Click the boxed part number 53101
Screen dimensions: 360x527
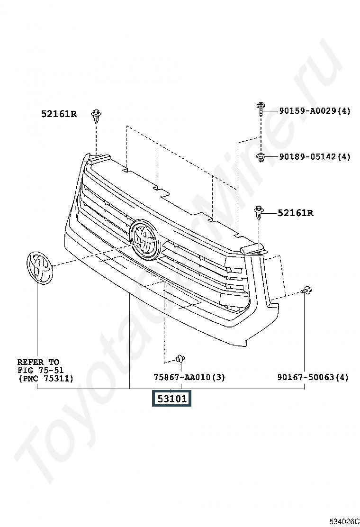click(171, 398)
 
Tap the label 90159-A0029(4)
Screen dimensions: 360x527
click(315, 110)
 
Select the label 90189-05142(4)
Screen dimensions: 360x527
click(315, 156)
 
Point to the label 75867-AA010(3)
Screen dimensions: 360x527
click(189, 377)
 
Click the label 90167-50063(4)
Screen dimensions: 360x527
click(313, 377)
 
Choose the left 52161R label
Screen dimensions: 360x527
click(59, 114)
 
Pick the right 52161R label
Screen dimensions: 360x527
click(296, 213)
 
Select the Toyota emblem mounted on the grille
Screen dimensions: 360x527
click(144, 239)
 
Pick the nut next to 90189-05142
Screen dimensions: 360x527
click(261, 156)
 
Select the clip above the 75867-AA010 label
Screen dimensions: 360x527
click(181, 358)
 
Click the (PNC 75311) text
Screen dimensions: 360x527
click(45, 378)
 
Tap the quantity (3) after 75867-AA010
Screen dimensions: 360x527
click(219, 377)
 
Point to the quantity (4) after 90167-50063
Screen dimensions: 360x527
click(342, 377)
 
